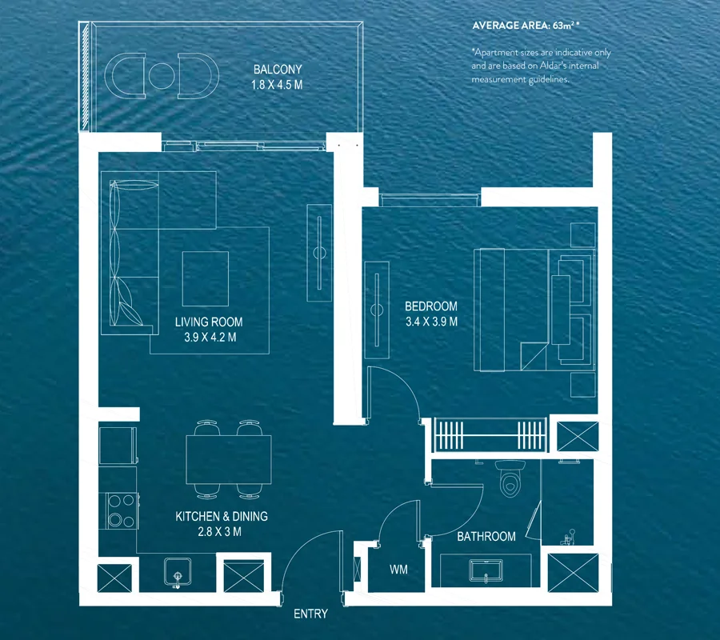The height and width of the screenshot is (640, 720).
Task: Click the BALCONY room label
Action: point(278,70)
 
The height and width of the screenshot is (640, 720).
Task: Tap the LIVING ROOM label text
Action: point(209,322)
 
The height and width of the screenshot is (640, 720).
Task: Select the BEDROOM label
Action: point(431,306)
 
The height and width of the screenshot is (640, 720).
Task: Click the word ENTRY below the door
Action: point(311,614)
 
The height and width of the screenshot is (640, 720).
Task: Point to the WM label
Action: point(398,570)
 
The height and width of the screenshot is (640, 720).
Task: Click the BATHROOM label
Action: point(486,536)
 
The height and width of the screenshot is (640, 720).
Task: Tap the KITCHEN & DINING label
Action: point(222,517)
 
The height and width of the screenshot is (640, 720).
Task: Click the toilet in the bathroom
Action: point(510,479)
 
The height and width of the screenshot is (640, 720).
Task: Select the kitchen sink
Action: point(178,573)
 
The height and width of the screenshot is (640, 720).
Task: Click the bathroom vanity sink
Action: point(486,570)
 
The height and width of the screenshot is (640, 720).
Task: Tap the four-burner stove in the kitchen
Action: point(122,510)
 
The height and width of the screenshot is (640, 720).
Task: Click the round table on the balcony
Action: point(162,76)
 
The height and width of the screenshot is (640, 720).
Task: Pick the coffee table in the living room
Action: point(206,278)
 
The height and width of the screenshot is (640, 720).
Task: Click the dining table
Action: point(229,459)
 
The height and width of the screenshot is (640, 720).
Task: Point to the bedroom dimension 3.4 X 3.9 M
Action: point(432,322)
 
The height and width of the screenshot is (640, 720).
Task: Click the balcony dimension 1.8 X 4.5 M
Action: point(277,85)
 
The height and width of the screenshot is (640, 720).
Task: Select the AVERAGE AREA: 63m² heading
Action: point(526,26)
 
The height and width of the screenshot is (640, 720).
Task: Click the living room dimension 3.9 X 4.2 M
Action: point(210,338)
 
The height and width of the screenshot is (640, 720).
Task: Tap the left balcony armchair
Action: point(125,76)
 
